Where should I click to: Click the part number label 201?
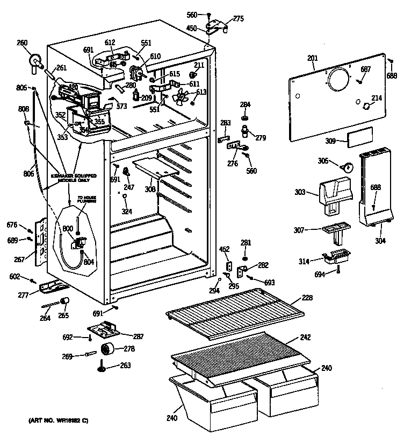[x=313, y=59]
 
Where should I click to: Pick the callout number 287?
[x=138, y=336]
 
